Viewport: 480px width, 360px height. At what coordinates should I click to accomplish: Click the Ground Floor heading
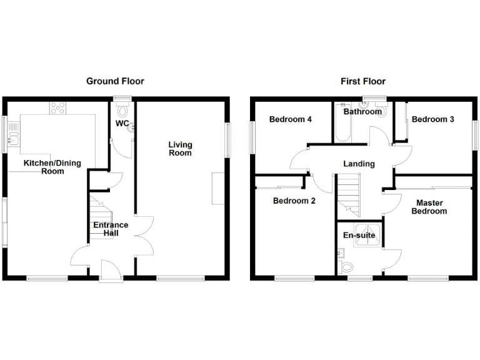click(115, 81)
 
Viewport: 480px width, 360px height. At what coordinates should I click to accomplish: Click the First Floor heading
click(362, 81)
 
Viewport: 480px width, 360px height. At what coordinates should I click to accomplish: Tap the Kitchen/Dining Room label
click(52, 167)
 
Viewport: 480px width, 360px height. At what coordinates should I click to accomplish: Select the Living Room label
click(180, 149)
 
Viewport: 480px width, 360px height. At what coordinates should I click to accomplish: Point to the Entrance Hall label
click(111, 229)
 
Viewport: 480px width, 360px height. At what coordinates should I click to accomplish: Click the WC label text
click(122, 124)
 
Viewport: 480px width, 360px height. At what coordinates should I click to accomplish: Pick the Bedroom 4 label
click(291, 119)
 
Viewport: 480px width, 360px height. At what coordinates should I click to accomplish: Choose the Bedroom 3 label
click(432, 119)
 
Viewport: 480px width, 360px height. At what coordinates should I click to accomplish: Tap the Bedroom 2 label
click(294, 201)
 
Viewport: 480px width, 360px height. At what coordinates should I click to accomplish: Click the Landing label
click(359, 164)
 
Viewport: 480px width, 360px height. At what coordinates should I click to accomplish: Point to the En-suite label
click(359, 236)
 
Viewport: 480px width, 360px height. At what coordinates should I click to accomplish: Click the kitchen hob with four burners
click(58, 107)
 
